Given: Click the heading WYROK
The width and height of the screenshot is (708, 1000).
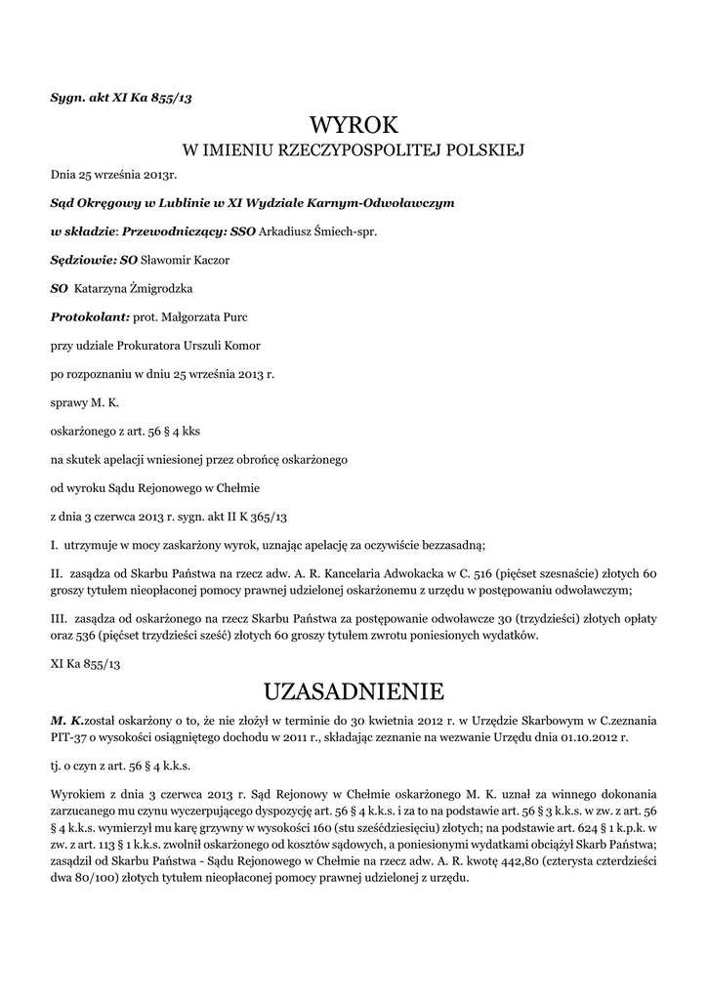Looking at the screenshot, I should [x=354, y=125].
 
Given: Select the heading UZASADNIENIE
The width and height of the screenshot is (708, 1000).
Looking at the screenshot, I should [x=354, y=691].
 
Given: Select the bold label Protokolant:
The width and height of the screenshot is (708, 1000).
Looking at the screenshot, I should [x=90, y=317].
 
